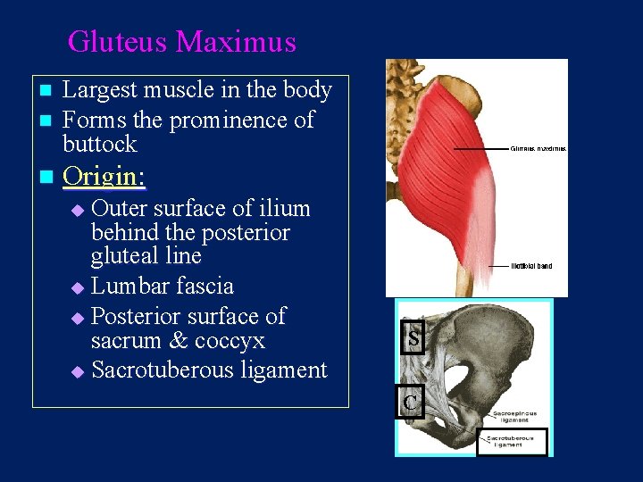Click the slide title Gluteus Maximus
[x=181, y=42]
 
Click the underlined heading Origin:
[x=104, y=177]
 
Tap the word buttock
[x=99, y=144]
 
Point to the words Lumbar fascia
[x=163, y=287]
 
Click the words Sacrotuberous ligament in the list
[x=209, y=370]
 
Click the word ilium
[x=281, y=209]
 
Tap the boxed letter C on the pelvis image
[x=409, y=403]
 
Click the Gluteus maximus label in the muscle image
[x=538, y=149]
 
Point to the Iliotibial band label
[x=531, y=266]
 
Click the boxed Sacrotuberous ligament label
[x=511, y=441]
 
